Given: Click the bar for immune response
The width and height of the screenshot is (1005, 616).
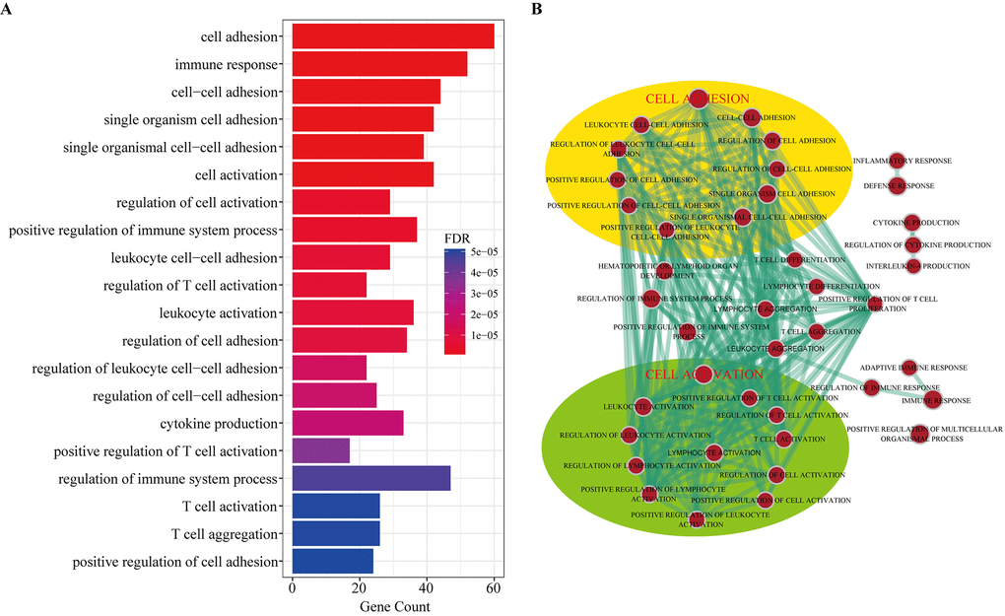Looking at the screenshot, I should (379, 65).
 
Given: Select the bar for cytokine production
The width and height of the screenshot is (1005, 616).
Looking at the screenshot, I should (348, 424).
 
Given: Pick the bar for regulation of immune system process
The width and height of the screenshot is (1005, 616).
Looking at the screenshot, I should (371, 479).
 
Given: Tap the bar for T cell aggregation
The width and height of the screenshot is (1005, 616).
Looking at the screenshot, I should (336, 534).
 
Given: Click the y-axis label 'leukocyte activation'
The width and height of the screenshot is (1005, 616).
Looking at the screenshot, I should (218, 313).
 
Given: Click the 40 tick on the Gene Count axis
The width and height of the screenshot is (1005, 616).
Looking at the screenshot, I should (427, 588).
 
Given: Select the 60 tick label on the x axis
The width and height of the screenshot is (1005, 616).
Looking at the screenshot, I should (494, 588).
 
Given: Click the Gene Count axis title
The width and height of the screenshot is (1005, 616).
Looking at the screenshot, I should (394, 606).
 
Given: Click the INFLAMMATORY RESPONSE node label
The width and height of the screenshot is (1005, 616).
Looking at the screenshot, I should (902, 160).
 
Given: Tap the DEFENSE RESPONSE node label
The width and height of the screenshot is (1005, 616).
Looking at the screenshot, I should (899, 185).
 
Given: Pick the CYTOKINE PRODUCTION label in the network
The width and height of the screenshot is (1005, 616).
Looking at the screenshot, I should (915, 223).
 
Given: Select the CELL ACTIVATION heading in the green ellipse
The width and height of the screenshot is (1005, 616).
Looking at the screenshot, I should (703, 375).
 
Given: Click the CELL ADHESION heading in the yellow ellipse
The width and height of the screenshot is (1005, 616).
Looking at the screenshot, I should (698, 99).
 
